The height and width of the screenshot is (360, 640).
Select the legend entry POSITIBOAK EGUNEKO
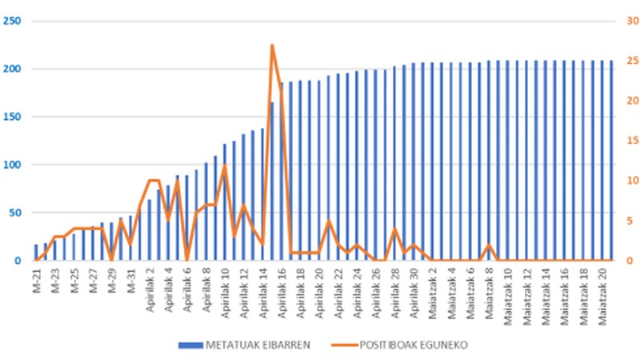tap(401, 346)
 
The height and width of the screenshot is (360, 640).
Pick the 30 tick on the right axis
tap(629, 21)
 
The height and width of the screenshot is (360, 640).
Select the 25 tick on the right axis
tap(629, 61)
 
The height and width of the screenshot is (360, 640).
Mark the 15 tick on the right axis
tap(629, 141)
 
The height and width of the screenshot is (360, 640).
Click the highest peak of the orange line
tap(272, 46)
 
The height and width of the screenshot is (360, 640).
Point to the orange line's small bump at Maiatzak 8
tap(489, 245)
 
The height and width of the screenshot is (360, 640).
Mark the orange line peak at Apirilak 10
tap(225, 166)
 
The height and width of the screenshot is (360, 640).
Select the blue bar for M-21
tap(37, 253)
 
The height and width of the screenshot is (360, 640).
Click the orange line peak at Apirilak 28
tap(394, 230)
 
